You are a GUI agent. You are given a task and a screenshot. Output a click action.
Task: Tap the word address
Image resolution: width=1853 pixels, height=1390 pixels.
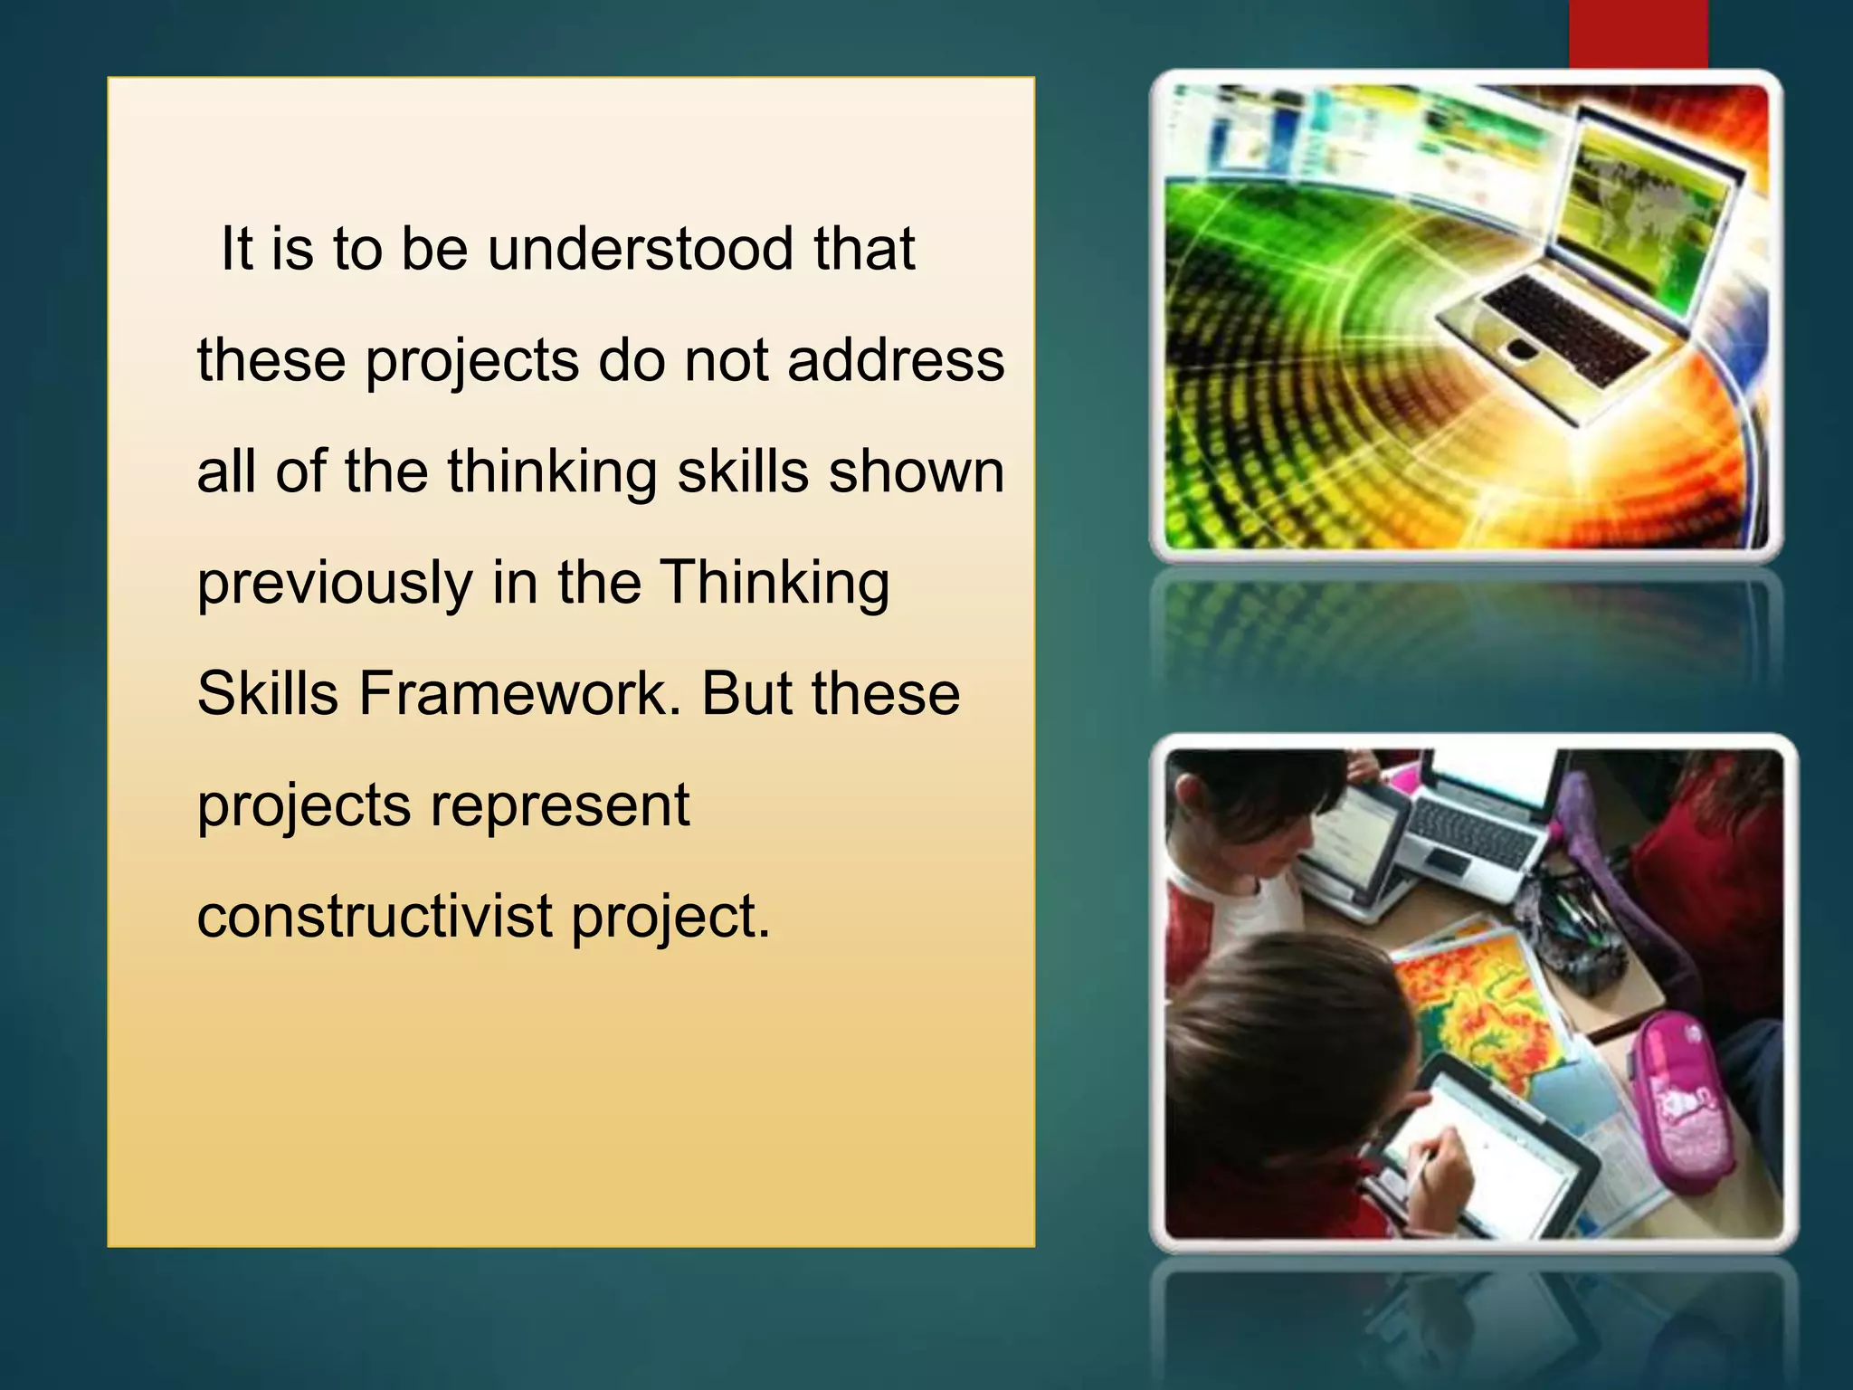(x=896, y=360)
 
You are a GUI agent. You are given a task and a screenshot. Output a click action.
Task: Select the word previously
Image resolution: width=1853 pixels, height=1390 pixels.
(x=335, y=584)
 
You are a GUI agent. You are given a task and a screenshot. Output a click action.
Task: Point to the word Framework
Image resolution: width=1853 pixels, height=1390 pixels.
(x=519, y=694)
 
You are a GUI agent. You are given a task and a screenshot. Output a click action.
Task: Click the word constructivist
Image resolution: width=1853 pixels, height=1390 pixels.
(x=375, y=917)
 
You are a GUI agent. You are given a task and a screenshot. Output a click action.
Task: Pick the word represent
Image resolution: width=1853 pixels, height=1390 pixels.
(x=559, y=805)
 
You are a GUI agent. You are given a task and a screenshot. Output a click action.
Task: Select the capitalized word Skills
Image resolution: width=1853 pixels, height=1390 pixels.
(x=268, y=694)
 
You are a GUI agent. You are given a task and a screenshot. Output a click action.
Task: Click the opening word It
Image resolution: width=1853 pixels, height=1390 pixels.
(x=237, y=249)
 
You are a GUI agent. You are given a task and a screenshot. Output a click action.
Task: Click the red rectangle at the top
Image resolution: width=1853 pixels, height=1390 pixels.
(x=1638, y=34)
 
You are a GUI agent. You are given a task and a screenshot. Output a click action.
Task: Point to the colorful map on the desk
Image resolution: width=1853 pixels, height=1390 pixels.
(x=1484, y=1004)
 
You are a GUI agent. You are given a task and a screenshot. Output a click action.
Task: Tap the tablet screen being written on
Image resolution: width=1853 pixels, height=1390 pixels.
(x=1484, y=1145)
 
